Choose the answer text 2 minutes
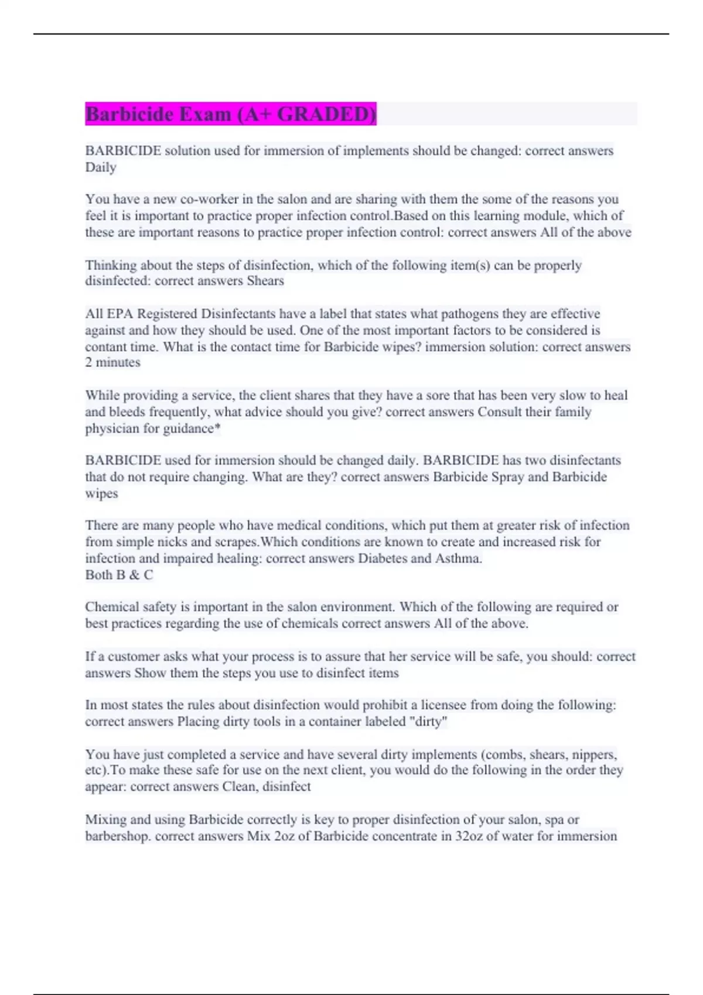pyautogui.click(x=112, y=363)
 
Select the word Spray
pyautogui.click(x=508, y=477)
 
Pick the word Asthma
pyautogui.click(x=458, y=558)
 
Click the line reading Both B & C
pyautogui.click(x=119, y=575)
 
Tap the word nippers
pyautogui.click(x=594, y=754)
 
